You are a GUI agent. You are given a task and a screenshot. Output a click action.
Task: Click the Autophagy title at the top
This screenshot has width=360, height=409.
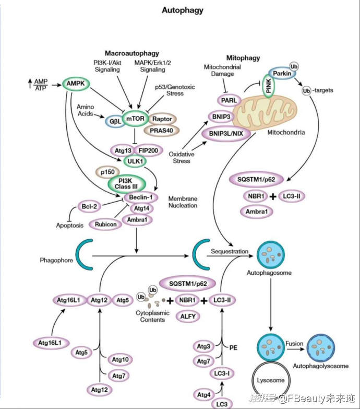(x=182, y=10)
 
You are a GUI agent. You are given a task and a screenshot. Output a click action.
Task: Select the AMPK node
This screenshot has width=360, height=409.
(x=77, y=83)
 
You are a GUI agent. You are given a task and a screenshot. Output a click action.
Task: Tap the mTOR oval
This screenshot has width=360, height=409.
(x=137, y=119)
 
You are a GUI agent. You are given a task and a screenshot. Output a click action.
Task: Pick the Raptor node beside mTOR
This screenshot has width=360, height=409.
(x=162, y=119)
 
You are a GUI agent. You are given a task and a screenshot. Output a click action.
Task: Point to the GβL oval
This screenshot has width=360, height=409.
(x=114, y=121)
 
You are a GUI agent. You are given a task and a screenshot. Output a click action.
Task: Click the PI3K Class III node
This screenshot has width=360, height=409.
(x=125, y=183)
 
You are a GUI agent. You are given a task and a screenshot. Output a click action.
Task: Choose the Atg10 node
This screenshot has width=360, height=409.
(x=121, y=359)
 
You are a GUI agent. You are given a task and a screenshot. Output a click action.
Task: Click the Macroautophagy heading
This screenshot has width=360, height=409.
(x=131, y=53)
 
